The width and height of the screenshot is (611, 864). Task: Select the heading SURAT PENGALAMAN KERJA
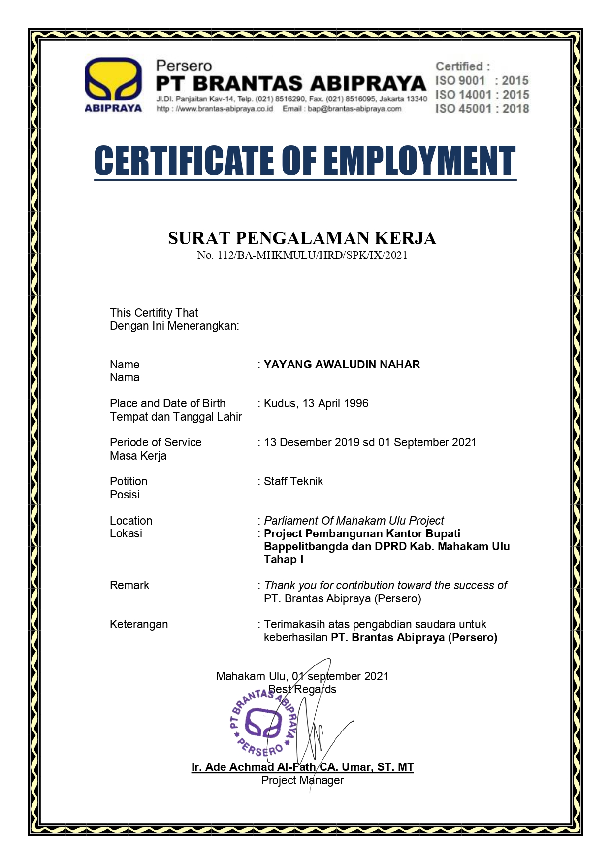(x=302, y=238)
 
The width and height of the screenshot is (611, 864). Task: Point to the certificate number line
(x=302, y=255)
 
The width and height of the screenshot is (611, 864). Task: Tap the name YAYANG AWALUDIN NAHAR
(x=342, y=365)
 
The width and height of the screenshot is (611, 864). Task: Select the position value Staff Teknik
(x=293, y=482)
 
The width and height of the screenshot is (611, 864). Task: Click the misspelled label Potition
(x=129, y=482)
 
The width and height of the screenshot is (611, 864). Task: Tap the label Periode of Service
(x=156, y=443)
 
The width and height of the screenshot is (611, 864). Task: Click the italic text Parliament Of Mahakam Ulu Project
(x=354, y=521)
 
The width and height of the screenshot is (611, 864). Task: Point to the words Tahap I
(x=284, y=560)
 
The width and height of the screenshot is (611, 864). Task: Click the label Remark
(x=129, y=586)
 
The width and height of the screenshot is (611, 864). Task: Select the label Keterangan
(x=139, y=625)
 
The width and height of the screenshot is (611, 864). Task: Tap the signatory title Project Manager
(x=302, y=781)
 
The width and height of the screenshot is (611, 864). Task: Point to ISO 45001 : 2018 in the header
(x=482, y=109)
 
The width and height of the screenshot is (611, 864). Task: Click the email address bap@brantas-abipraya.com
(x=354, y=109)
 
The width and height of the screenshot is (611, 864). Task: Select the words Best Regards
(x=302, y=690)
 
